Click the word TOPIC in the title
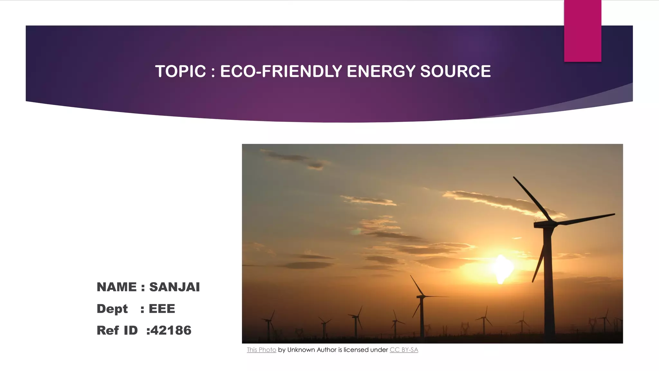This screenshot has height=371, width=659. pos(180,71)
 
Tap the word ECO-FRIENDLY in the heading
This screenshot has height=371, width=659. pos(281,71)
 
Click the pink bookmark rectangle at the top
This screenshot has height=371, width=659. pos(582,31)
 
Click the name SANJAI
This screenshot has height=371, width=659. pos(174,287)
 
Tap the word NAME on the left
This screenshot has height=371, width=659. pos(116,287)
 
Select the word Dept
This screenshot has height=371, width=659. pos(112,309)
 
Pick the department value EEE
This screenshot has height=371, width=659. pos(162,309)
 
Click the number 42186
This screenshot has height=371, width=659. pos(171,330)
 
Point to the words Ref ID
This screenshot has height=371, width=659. pos(117,330)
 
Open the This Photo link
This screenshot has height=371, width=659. pos(261,350)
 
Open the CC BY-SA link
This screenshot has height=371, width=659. pos(404,350)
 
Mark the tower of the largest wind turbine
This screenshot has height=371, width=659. pos(548,283)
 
